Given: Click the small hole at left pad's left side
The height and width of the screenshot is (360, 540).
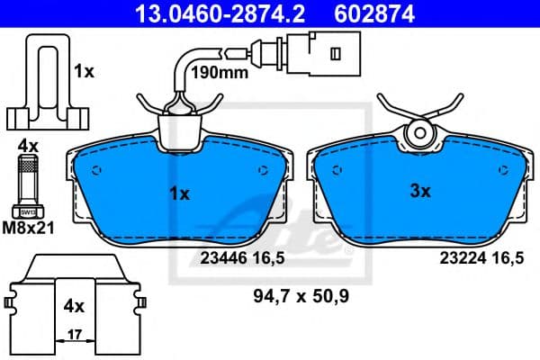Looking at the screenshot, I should tap(98, 170).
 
